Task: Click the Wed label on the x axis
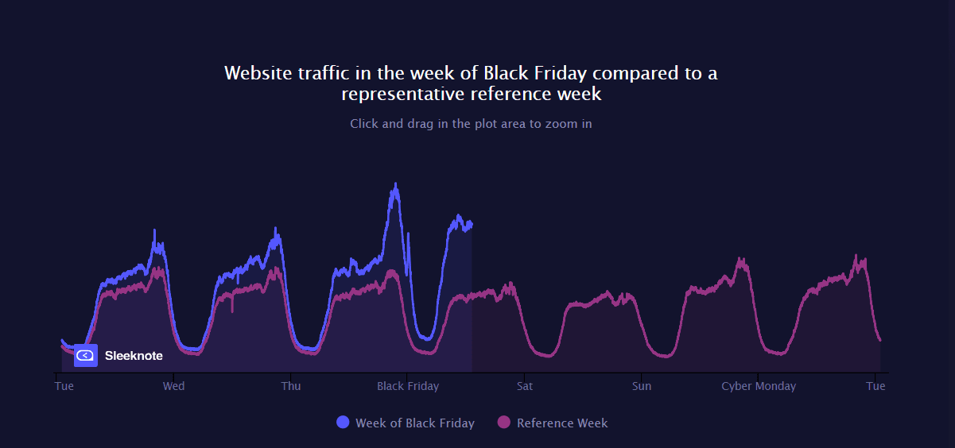click(x=173, y=386)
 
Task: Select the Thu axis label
click(x=291, y=386)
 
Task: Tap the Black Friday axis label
click(x=408, y=386)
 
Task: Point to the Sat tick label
click(x=525, y=386)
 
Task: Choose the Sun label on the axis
click(x=642, y=386)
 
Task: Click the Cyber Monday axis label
click(x=759, y=386)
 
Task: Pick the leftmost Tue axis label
click(x=64, y=386)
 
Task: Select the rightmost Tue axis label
click(x=875, y=386)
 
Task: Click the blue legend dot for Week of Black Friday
click(x=343, y=423)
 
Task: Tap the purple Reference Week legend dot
click(x=504, y=423)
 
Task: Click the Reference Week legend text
click(x=562, y=423)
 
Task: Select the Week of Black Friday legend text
click(x=415, y=423)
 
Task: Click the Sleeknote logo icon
click(x=86, y=356)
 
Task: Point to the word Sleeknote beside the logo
click(x=134, y=356)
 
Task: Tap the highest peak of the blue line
click(x=395, y=185)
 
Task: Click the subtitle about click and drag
click(x=471, y=124)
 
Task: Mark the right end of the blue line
click(x=472, y=223)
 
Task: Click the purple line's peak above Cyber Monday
click(x=740, y=260)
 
